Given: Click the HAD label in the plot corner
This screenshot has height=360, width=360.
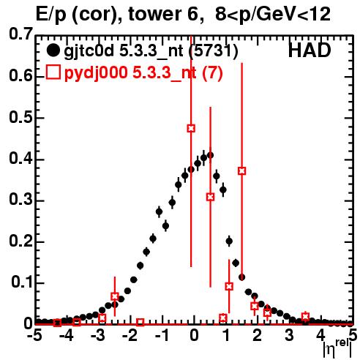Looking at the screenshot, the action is [x=310, y=50].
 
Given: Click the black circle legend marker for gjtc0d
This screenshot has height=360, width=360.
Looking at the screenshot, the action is [x=53, y=50].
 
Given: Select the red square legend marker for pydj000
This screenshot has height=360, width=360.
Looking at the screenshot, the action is [x=53, y=72].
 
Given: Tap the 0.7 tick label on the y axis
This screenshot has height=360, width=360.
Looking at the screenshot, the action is [x=20, y=34].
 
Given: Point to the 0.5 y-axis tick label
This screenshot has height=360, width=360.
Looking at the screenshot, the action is [x=20, y=117].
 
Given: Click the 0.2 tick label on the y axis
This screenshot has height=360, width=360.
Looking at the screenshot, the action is [x=20, y=241].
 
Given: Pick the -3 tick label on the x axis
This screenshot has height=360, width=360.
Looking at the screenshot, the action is [x=98, y=335].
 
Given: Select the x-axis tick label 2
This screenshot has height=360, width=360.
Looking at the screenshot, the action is [x=257, y=335].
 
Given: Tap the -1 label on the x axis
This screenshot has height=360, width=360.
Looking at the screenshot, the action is [x=161, y=335].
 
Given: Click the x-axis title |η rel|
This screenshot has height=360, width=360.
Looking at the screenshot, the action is [x=337, y=349].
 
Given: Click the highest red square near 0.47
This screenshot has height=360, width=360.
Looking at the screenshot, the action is [x=191, y=128].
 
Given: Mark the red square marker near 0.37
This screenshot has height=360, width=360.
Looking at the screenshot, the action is [x=241, y=170].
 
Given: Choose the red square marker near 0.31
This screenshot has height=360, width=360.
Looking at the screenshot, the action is [x=210, y=197].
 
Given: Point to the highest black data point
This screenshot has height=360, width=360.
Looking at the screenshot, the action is [x=210, y=155].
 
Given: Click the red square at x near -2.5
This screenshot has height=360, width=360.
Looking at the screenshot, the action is [x=115, y=296].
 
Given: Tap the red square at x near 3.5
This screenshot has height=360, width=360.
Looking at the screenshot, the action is [x=305, y=317].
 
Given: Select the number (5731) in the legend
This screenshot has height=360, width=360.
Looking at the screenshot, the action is [x=213, y=50].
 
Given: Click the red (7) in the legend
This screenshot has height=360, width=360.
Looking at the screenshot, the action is [x=212, y=72].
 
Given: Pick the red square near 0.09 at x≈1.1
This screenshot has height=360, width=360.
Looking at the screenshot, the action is [x=229, y=286].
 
